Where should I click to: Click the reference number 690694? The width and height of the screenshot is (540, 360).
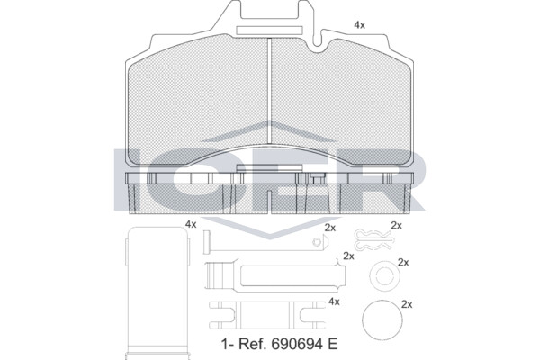click(295, 344)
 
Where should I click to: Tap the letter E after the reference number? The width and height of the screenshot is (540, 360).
click(332, 344)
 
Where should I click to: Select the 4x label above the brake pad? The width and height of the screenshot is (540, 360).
click(359, 25)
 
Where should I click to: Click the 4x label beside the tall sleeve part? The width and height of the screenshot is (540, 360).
click(191, 224)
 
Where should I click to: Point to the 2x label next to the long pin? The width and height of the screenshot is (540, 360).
click(330, 228)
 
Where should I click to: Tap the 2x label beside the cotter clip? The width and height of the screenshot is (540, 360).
click(396, 225)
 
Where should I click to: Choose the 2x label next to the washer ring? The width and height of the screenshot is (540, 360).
click(403, 263)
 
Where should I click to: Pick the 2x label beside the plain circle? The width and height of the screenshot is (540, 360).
click(407, 304)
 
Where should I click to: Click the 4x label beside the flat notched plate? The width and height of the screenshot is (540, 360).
click(334, 301)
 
